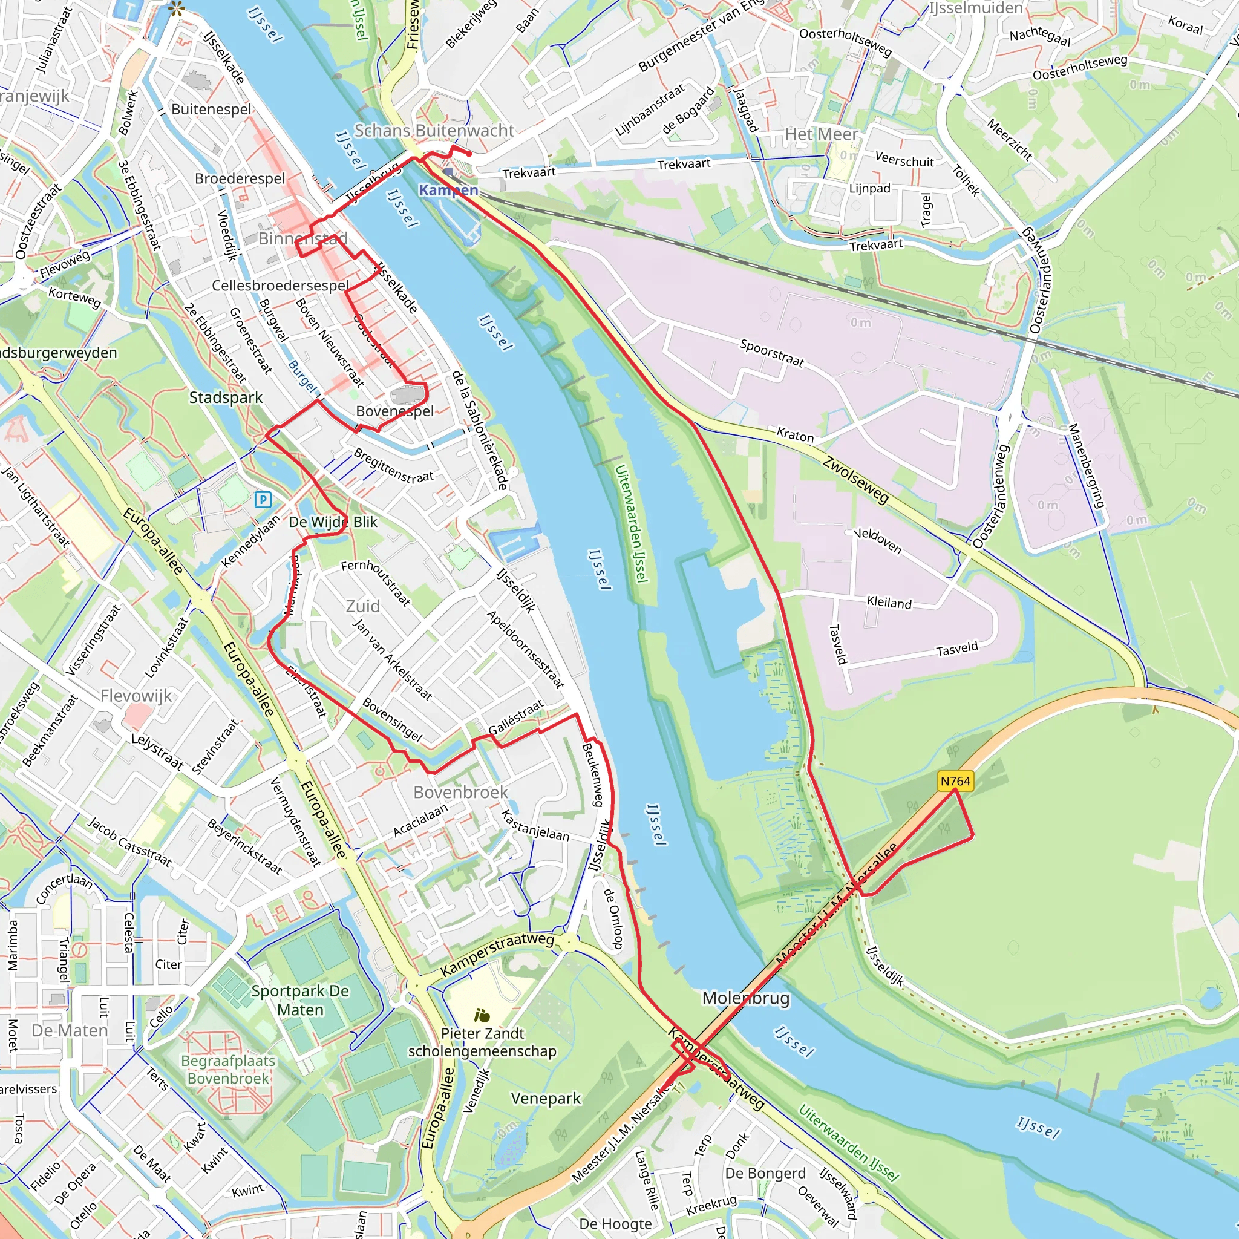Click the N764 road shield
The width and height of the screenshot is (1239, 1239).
[955, 781]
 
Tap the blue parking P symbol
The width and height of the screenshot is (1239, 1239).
[263, 500]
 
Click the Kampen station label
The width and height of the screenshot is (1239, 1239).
[448, 190]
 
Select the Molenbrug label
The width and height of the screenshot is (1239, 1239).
[746, 998]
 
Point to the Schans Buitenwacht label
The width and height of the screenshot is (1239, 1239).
[434, 131]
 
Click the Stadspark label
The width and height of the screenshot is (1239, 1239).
[226, 397]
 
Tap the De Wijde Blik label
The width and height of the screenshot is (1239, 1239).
[333, 522]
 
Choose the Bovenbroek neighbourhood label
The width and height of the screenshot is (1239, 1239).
[460, 792]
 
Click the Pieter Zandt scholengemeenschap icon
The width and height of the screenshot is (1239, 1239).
[482, 1015]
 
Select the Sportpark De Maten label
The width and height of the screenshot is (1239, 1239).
[300, 1001]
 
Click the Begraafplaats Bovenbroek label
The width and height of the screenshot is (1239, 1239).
[227, 1070]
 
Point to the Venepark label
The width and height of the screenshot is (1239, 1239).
[546, 1099]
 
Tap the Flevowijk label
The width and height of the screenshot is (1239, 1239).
[136, 696]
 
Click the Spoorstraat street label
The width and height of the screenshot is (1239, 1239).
[771, 353]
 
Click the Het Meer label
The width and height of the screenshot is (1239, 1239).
[822, 134]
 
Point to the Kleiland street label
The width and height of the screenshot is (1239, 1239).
[889, 602]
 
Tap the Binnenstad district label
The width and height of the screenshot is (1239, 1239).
[302, 239]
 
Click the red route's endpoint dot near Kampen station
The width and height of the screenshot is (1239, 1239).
[469, 154]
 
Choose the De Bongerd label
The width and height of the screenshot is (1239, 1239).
[765, 1174]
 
